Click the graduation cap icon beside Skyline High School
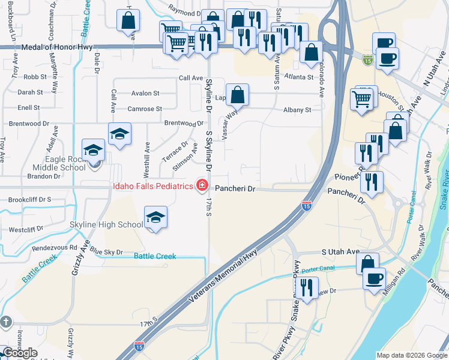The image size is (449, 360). [x=155, y=217]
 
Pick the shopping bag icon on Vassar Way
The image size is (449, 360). [x=237, y=95]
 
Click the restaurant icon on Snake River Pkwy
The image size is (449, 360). [x=307, y=288]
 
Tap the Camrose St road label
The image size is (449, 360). [x=145, y=109]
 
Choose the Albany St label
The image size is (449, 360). [x=297, y=110]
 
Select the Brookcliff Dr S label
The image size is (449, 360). [x=30, y=199]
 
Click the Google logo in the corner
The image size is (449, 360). [x=20, y=353]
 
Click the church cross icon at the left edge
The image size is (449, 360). [x=6, y=322]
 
